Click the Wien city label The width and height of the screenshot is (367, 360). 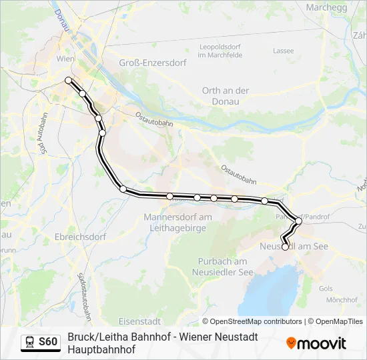point(65,59)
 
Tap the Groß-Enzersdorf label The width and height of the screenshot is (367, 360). point(147,63)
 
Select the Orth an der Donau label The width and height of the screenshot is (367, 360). point(226,95)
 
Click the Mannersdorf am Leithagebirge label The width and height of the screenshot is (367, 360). point(177,222)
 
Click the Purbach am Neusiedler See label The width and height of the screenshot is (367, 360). point(223,267)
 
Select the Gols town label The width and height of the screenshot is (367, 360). point(326,289)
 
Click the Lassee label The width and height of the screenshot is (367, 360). point(283,51)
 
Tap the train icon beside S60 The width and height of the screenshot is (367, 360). point(31,342)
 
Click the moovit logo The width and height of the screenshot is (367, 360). point(316,343)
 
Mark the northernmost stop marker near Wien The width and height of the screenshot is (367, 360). point(68,81)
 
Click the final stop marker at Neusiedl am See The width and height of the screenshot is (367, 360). point(285,247)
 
